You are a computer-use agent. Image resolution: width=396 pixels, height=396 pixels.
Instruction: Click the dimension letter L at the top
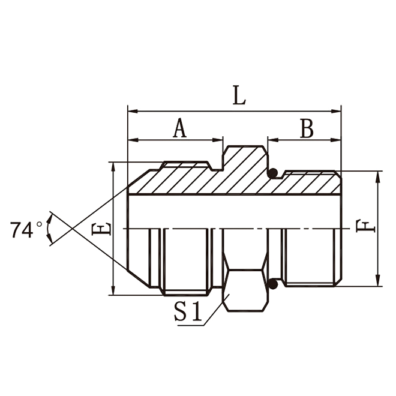click(239, 96)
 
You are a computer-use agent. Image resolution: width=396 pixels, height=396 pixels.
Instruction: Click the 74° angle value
click(27, 230)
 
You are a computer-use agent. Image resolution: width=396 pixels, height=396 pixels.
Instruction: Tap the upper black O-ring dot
click(274, 174)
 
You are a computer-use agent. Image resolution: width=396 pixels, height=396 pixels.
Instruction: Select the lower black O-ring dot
click(274, 282)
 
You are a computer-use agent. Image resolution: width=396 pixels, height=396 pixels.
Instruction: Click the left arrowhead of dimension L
click(133, 111)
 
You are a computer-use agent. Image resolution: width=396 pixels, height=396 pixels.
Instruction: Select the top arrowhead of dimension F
click(378, 176)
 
